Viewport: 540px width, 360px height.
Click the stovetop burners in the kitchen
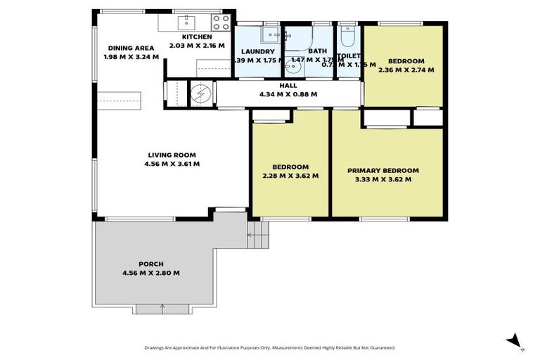click(221, 22)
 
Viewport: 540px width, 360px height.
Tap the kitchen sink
click(187, 21)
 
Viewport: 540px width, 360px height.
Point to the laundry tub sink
click(271, 34)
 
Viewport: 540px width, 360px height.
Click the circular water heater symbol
click(201, 94)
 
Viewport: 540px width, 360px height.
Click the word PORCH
click(151, 264)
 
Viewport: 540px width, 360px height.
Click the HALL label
click(288, 86)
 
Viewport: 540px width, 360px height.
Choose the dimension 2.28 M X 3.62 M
click(291, 175)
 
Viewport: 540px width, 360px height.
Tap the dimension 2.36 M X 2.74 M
click(406, 70)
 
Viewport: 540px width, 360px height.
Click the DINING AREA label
click(127, 48)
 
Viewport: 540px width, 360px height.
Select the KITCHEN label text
click(197, 37)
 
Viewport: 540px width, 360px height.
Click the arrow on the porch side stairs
click(250, 235)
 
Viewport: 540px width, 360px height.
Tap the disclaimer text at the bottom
click(269, 347)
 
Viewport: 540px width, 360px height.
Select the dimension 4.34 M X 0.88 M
click(288, 94)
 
